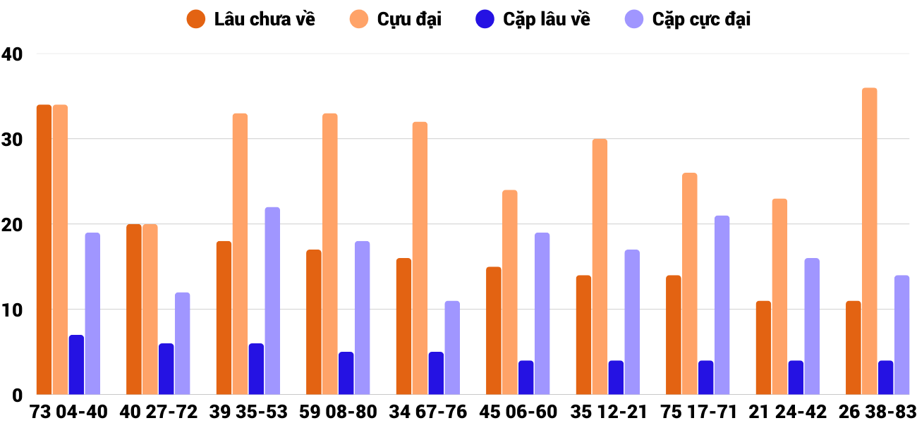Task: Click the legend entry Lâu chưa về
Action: [x=265, y=19]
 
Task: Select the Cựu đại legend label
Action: [x=409, y=19]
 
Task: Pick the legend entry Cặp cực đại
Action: [x=701, y=19]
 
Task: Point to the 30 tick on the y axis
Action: [x=13, y=140]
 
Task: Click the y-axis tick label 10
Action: [x=13, y=310]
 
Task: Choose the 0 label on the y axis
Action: [x=18, y=396]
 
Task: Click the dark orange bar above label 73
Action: [x=44, y=250]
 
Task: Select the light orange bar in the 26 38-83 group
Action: [x=870, y=241]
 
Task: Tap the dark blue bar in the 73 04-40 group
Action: [x=76, y=364]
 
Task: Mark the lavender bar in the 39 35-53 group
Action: [x=272, y=301]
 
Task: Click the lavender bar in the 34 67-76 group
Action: [x=452, y=348]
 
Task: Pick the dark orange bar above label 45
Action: [x=494, y=331]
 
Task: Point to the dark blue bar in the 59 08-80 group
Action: [x=346, y=373]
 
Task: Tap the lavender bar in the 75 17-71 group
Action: [x=722, y=305]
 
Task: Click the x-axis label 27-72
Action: [x=171, y=412]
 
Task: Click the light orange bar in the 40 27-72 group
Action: [x=150, y=309]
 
